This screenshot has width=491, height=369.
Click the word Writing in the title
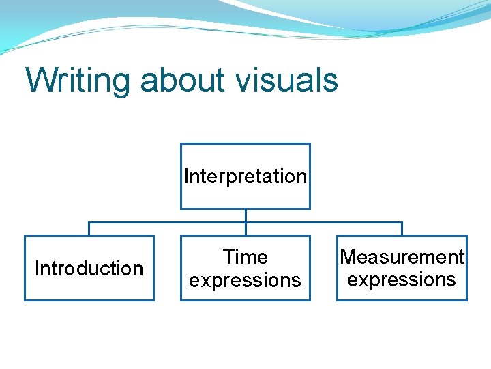[78, 79]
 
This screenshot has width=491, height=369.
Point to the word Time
[245, 257]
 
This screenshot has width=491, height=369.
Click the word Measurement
[402, 257]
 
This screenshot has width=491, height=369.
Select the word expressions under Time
[245, 280]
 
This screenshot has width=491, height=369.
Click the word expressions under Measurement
[402, 279]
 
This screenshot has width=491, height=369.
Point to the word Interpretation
[245, 176]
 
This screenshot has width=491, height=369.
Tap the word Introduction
[89, 269]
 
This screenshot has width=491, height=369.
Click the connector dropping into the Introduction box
[89, 229]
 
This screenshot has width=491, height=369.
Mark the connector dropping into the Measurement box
[402, 229]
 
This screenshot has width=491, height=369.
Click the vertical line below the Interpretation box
[245, 215]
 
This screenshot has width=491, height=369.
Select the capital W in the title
[39, 79]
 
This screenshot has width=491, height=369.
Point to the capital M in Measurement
[348, 257]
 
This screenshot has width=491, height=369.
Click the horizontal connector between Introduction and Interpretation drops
[167, 222]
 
